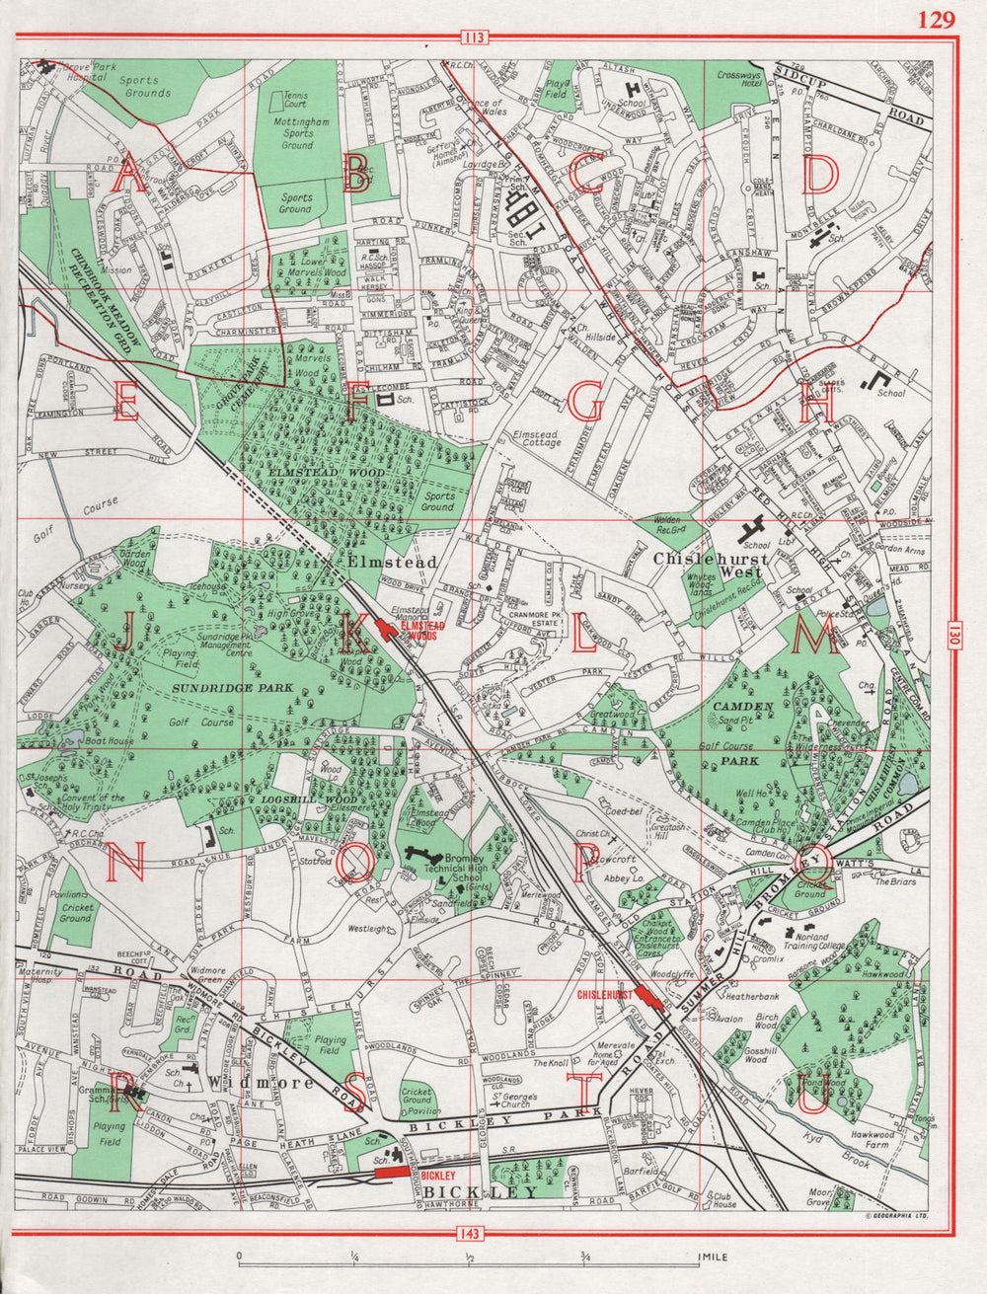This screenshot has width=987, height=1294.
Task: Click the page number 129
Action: (936, 20)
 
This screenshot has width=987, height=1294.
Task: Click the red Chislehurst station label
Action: (603, 996)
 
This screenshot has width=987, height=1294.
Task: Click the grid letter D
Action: (818, 177)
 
